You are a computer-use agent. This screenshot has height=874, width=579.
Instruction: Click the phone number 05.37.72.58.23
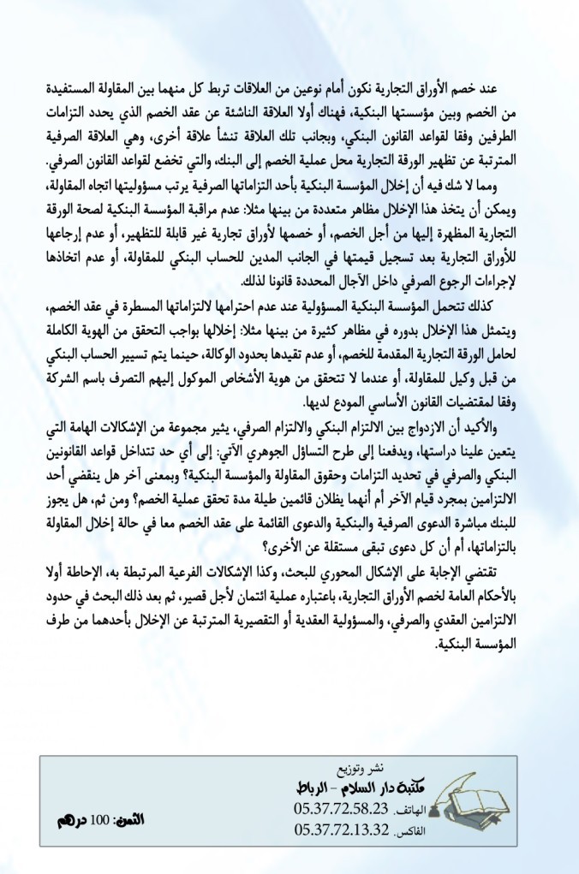[x=341, y=809]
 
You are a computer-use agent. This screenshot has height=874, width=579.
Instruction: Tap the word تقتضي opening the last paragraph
[x=503, y=567]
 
